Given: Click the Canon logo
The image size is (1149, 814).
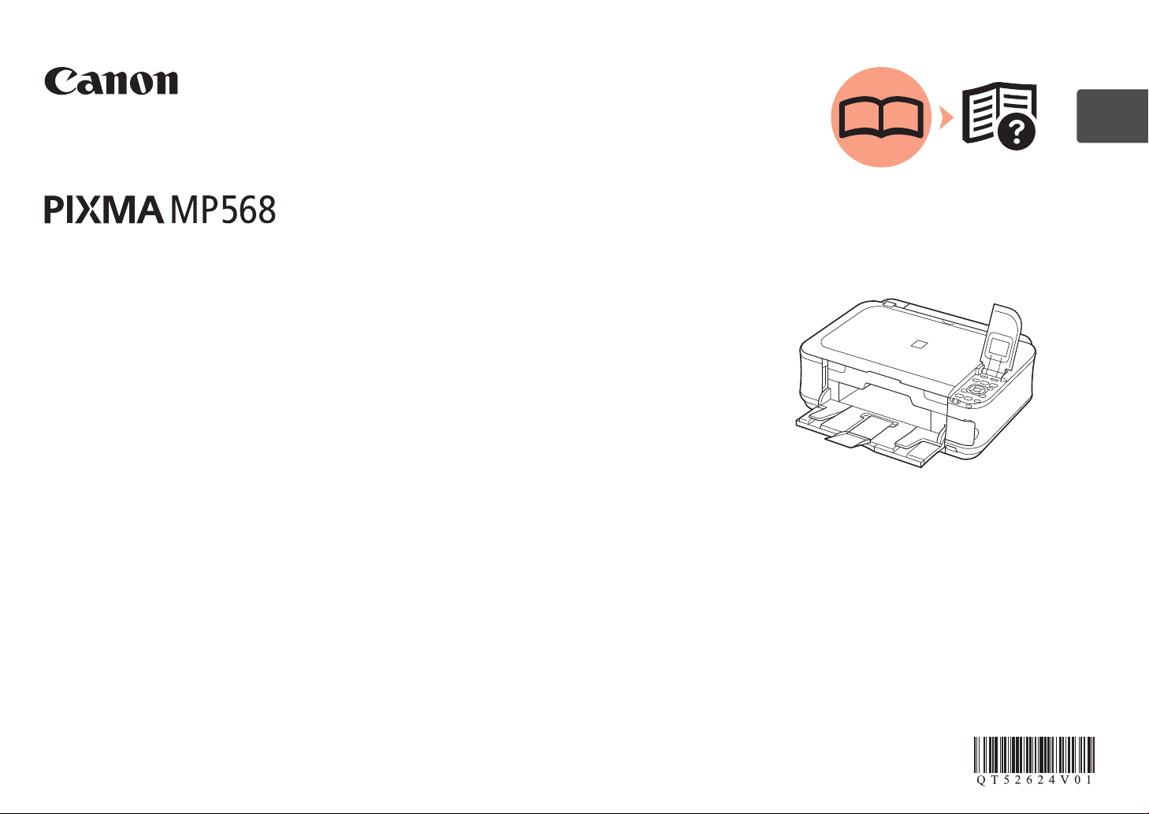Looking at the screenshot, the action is [x=111, y=81].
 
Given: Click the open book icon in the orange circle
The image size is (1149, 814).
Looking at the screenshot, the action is [x=881, y=118].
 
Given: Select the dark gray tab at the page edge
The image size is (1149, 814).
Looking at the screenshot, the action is [x=1112, y=117].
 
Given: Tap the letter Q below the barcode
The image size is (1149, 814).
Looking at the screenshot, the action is [x=981, y=780].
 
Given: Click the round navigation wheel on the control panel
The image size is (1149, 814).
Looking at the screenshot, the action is [x=977, y=389].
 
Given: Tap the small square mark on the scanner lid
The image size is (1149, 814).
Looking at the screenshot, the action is [x=916, y=344].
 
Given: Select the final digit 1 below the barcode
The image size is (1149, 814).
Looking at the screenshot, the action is [x=1088, y=780].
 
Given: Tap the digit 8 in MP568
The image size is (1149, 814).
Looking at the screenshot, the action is [x=266, y=210].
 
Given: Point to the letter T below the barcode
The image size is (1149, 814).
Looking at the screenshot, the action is [x=993, y=780].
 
